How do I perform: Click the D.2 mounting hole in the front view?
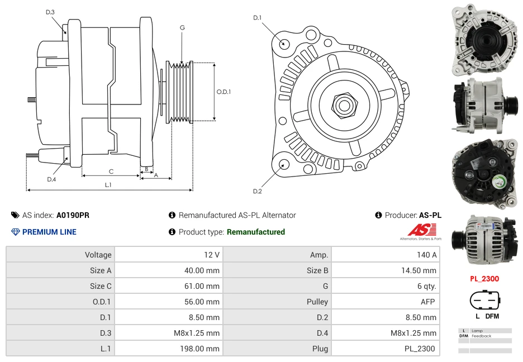pos(283,164)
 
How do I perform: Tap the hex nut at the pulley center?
pos(344,104)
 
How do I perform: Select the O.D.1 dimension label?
pos(224,92)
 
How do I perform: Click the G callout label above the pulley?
pos(182,27)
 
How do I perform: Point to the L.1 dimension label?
pos(108,184)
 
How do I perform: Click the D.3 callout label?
pos(50,12)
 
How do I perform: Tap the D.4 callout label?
pos(51,179)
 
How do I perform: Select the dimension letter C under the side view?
pos(111,171)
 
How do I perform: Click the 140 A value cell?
pos(385,255)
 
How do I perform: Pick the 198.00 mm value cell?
pos(168,349)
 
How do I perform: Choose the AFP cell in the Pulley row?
pos(385,302)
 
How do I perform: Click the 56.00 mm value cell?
pos(168,302)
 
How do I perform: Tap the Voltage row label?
pos(60,255)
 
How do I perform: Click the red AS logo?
pos(417,230)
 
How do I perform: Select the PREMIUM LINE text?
pos(49,232)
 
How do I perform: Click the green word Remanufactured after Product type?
pos(255,232)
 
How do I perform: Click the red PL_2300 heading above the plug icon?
pos(484,279)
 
